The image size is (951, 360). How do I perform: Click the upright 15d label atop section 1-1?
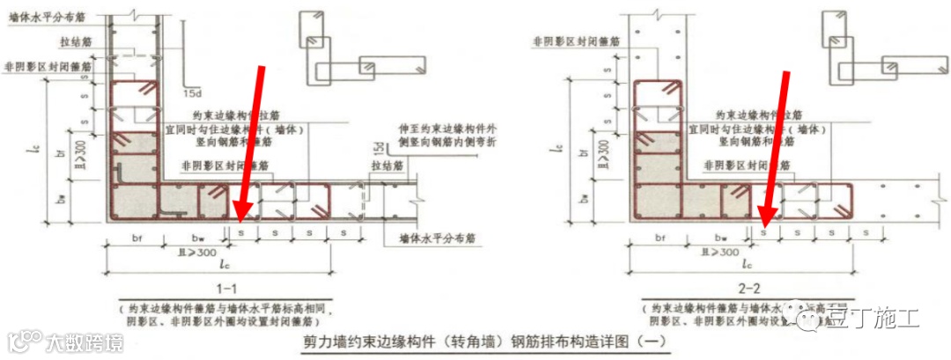(x=188, y=91)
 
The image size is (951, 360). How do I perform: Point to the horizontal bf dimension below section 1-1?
(x=136, y=238)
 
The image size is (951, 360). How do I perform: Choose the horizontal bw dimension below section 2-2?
(x=721, y=238)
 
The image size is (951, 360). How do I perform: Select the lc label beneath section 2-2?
(x=747, y=264)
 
